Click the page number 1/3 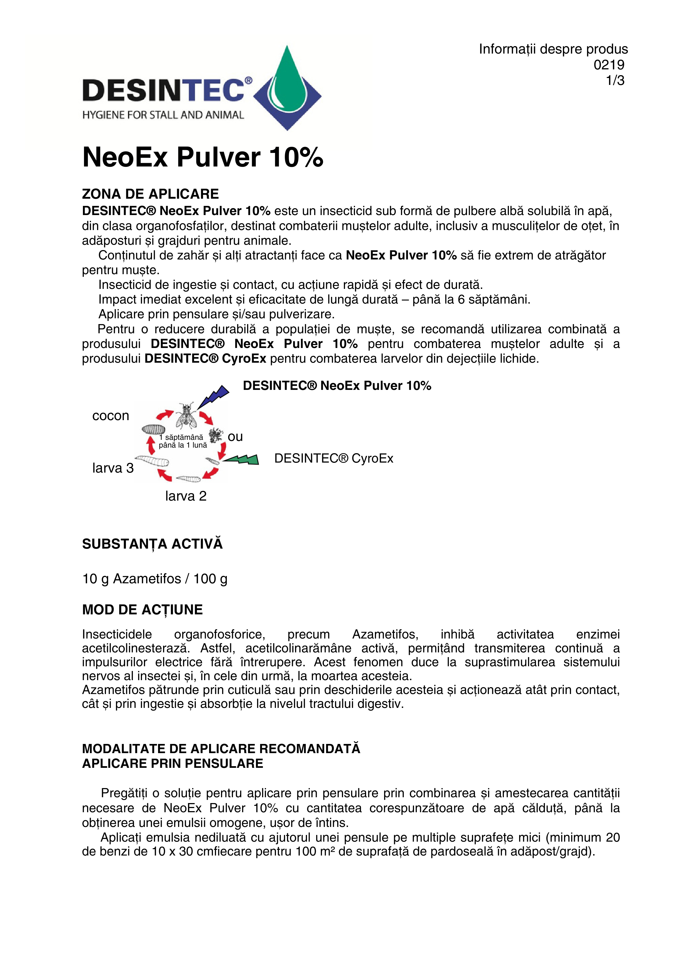615,80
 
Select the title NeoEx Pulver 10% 203,157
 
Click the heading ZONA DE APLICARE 151,194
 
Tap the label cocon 111,416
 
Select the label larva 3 113,468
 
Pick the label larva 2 186,496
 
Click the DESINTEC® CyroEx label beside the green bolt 334,458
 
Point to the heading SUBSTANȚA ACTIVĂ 152,544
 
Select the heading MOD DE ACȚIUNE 143,610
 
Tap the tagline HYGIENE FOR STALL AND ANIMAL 163,115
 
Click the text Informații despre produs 553,49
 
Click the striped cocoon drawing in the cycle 153,429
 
